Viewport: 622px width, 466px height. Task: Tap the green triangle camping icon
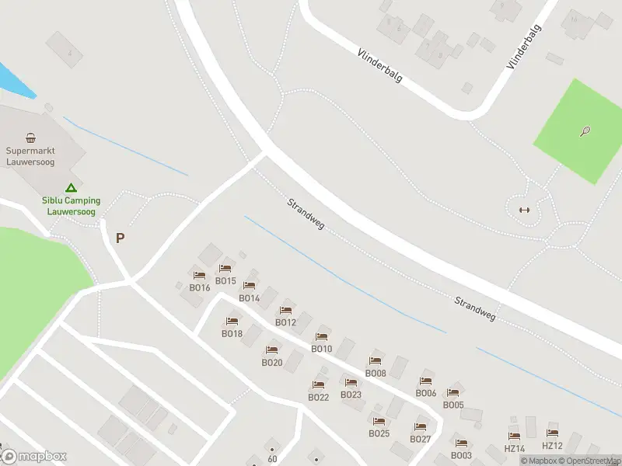pyautogui.click(x=71, y=187)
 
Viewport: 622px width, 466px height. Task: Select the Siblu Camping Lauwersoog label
pyautogui.click(x=71, y=205)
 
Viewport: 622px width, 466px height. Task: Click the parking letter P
pyautogui.click(x=120, y=238)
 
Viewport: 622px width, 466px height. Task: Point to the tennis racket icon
pyautogui.click(x=585, y=131)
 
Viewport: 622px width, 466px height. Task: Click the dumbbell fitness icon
pyautogui.click(x=523, y=210)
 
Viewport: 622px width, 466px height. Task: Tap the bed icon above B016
pyautogui.click(x=199, y=275)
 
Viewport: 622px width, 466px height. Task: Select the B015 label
pyautogui.click(x=225, y=281)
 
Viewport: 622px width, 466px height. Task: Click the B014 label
pyautogui.click(x=249, y=298)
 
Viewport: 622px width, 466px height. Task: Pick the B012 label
pyautogui.click(x=285, y=322)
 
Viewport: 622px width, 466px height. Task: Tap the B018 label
pyautogui.click(x=232, y=334)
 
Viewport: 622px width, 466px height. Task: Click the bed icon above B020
pyautogui.click(x=271, y=350)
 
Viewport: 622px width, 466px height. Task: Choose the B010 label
pyautogui.click(x=321, y=349)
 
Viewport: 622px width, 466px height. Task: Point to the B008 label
pyautogui.click(x=376, y=373)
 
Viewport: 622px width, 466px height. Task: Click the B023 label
pyautogui.click(x=351, y=395)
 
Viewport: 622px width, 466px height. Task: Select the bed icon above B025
pyautogui.click(x=379, y=421)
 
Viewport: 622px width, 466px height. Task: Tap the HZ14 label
pyautogui.click(x=515, y=449)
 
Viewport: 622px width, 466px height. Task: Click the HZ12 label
pyautogui.click(x=552, y=445)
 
